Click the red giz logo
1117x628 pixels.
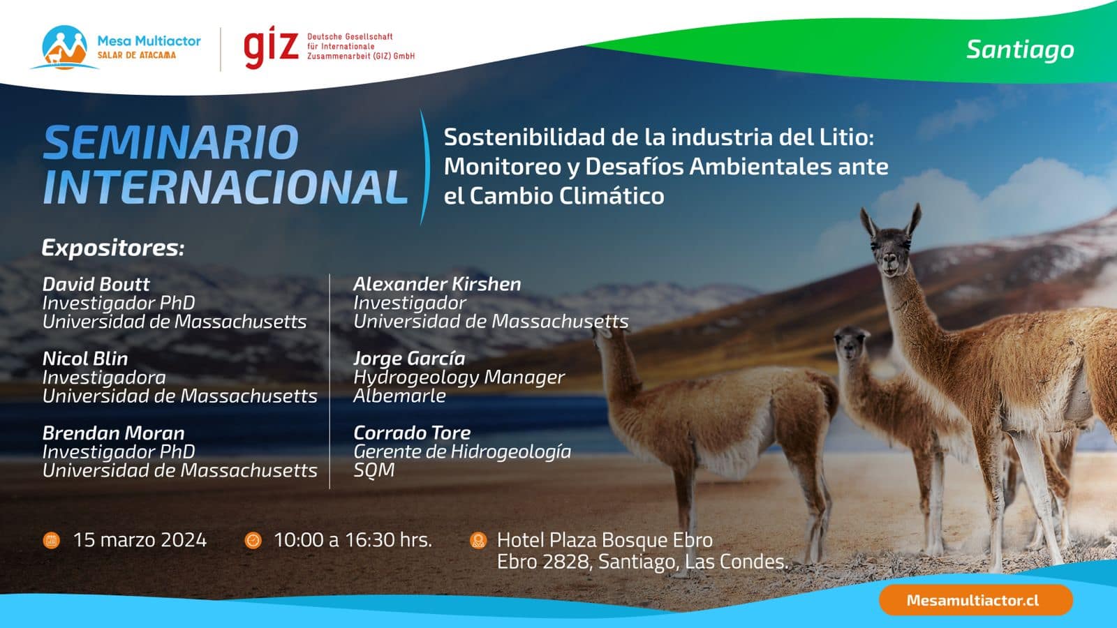coord(271,47)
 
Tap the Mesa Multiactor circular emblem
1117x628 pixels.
coord(65,47)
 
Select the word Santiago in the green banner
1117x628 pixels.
coord(1020,50)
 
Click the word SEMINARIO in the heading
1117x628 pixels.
coord(171,142)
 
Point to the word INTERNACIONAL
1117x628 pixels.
coord(225,187)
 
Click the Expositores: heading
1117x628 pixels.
coord(113,248)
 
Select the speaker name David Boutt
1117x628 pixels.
coord(96,284)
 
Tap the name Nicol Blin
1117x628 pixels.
coord(85,359)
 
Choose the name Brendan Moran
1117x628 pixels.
coord(114,433)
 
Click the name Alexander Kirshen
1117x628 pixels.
coord(437,284)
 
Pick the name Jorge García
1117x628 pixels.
coord(409,359)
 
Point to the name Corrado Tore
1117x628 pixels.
coord(412,433)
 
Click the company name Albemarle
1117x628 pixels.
coord(399,396)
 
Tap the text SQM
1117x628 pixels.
coord(374,470)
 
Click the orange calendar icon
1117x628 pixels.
coord(52,540)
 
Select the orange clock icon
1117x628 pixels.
coord(253,540)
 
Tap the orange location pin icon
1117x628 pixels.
coord(478,540)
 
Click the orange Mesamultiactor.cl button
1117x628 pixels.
coord(975,600)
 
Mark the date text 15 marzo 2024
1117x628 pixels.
coord(140,540)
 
